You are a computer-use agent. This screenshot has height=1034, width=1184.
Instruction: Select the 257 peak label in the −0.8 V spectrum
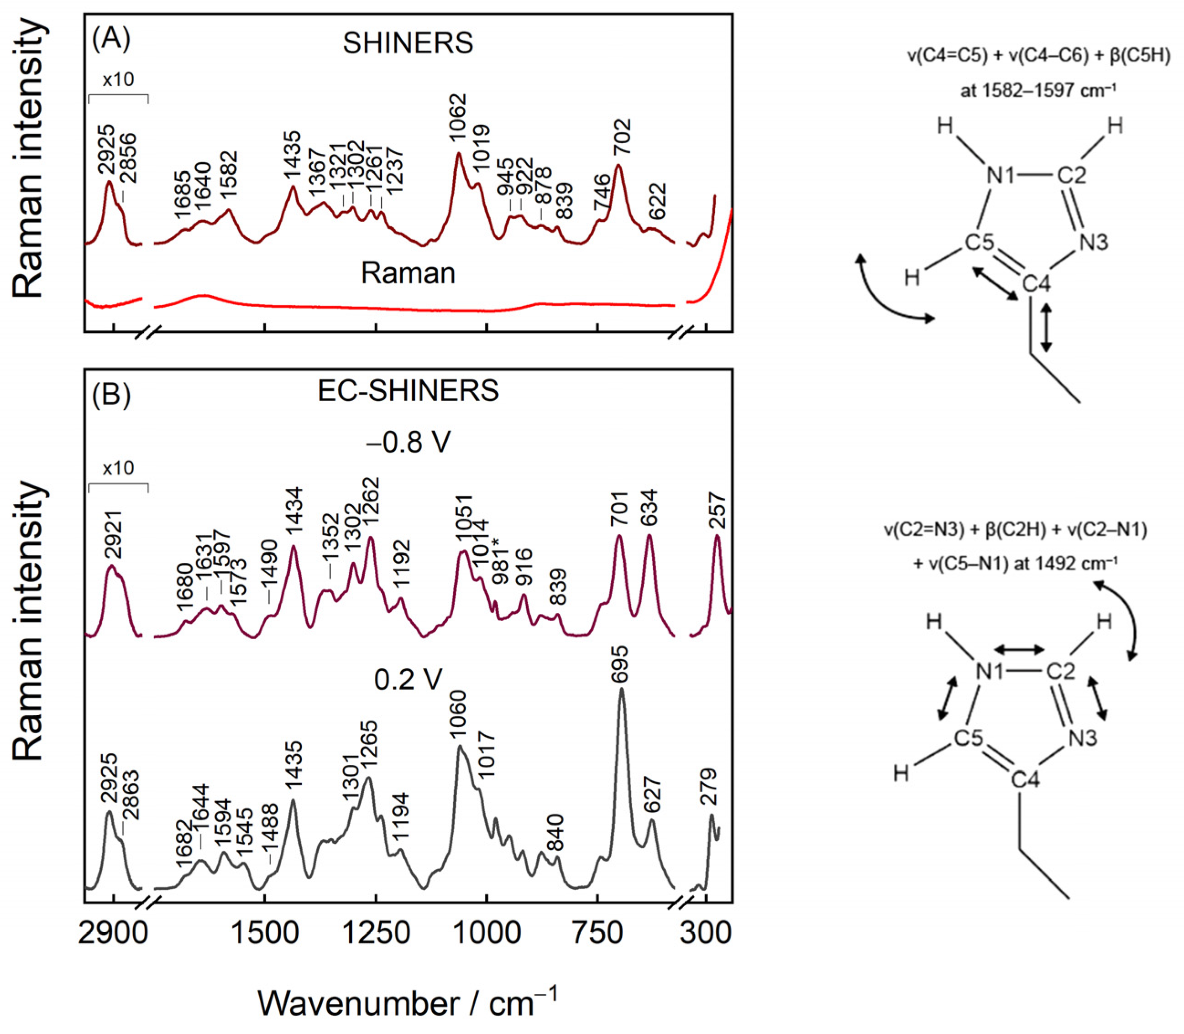pos(717,510)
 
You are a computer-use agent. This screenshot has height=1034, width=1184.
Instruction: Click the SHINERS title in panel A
pos(408,43)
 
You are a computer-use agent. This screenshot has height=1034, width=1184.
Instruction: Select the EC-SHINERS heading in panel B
pos(408,391)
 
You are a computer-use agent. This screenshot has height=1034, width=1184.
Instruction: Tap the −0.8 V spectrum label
pos(408,443)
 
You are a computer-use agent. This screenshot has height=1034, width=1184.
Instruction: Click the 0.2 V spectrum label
pos(408,680)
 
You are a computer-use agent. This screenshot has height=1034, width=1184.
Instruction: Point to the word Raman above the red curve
pos(408,273)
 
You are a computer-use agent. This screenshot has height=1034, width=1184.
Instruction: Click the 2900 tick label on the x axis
pos(113,933)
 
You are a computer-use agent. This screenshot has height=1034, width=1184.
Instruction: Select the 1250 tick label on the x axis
pos(376,933)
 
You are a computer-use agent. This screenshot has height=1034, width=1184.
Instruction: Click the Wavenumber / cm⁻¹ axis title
pos(408,1003)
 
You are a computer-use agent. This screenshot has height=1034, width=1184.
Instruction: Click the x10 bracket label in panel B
pos(118,467)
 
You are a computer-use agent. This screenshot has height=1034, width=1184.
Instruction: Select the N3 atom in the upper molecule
pos(1093,242)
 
